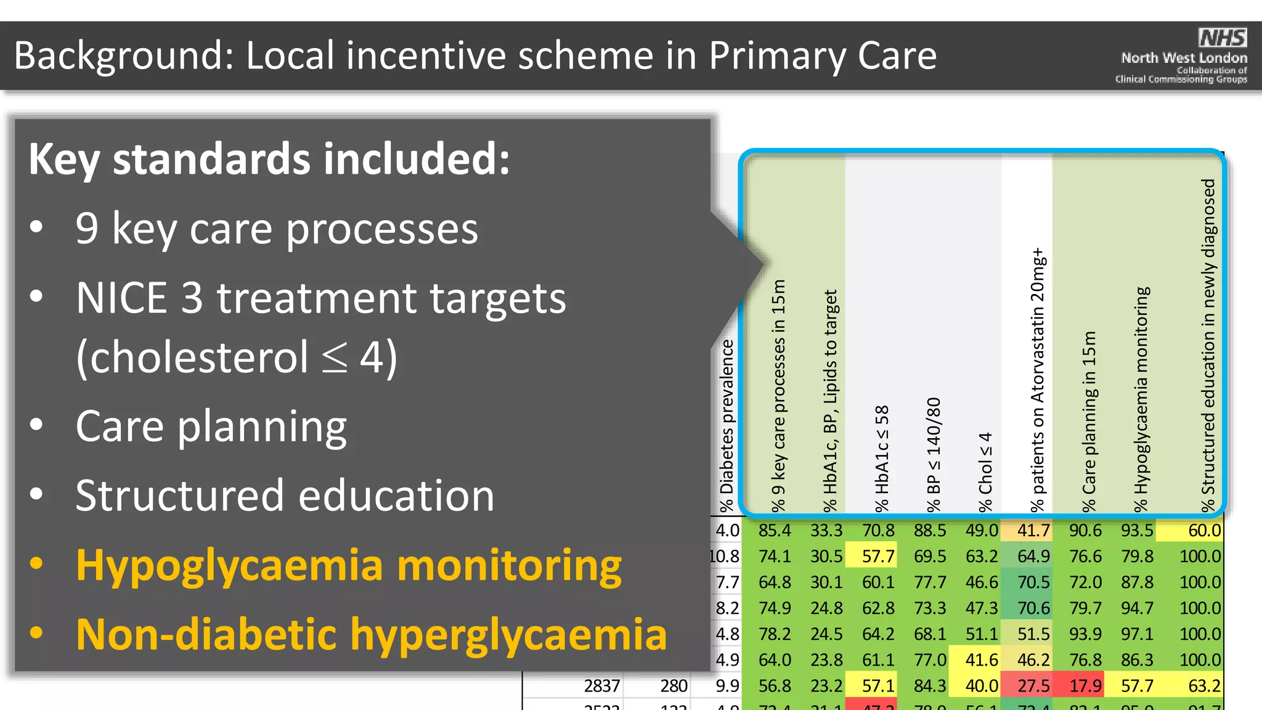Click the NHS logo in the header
[x=1223, y=38]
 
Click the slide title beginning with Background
[x=475, y=56]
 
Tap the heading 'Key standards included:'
[x=269, y=159]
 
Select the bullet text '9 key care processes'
[x=277, y=229]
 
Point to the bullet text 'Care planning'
[x=211, y=426]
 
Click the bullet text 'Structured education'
[x=285, y=496]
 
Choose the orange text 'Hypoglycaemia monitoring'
[x=349, y=565]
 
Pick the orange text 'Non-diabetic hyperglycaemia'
[x=372, y=634]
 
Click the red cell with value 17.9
[x=1085, y=685]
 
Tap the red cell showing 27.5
[x=1033, y=685]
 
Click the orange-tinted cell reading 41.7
[x=1033, y=530]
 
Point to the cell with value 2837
[x=601, y=685]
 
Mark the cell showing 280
[x=674, y=685]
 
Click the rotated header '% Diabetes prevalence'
[x=727, y=425]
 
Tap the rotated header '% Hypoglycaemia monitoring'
[x=1142, y=399]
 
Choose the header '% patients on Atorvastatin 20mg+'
[x=1038, y=379]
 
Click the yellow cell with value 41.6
[x=982, y=659]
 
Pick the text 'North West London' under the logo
[x=1184, y=59]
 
